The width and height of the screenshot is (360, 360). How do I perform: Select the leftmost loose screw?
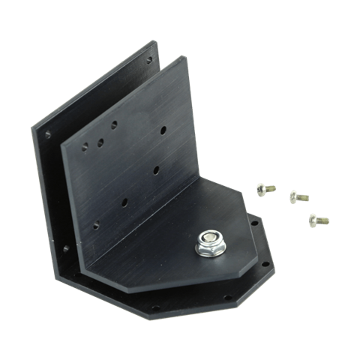(262, 190)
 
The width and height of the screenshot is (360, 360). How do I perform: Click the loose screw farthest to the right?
(316, 220)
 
